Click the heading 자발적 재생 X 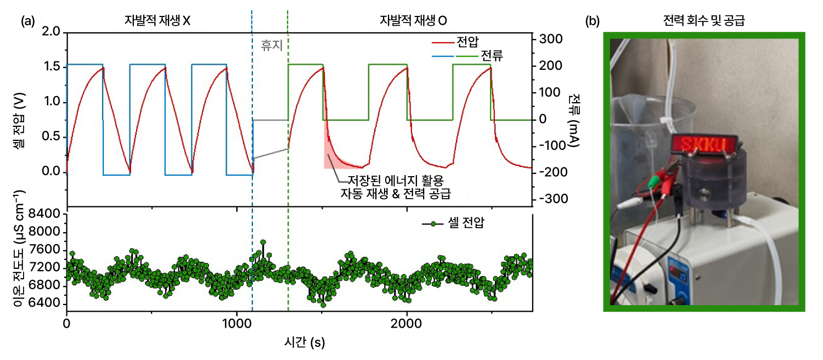pyautogui.click(x=157, y=20)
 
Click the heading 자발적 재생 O pyautogui.click(x=414, y=20)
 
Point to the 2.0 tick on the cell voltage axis pyautogui.click(x=52, y=33)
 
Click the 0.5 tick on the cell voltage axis pyautogui.click(x=52, y=138)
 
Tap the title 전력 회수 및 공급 pyautogui.click(x=704, y=21)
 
